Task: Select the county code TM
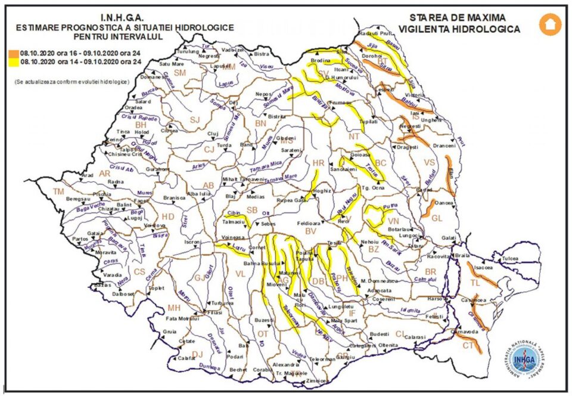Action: pos(58,191)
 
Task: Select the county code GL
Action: pos(437,218)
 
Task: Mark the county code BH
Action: pos(141,125)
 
